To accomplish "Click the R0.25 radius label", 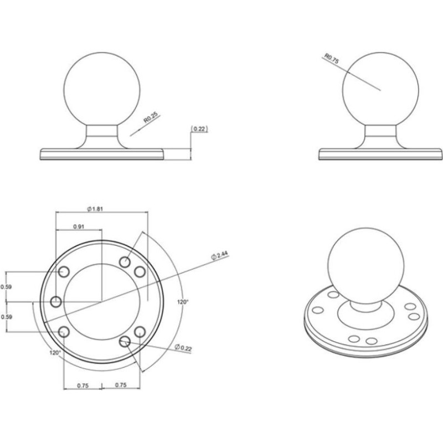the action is click(x=151, y=118).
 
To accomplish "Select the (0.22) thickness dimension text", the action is click(x=199, y=128).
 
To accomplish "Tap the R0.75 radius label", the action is click(x=331, y=59).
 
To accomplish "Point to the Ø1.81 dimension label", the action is click(x=95, y=209).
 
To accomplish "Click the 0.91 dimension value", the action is click(x=79, y=226).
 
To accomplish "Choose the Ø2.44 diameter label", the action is click(x=219, y=255).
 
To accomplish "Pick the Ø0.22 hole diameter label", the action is click(x=183, y=348).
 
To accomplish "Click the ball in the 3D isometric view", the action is click(x=365, y=266).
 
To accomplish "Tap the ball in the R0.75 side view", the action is click(x=380, y=90).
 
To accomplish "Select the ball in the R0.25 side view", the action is click(x=102, y=90).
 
